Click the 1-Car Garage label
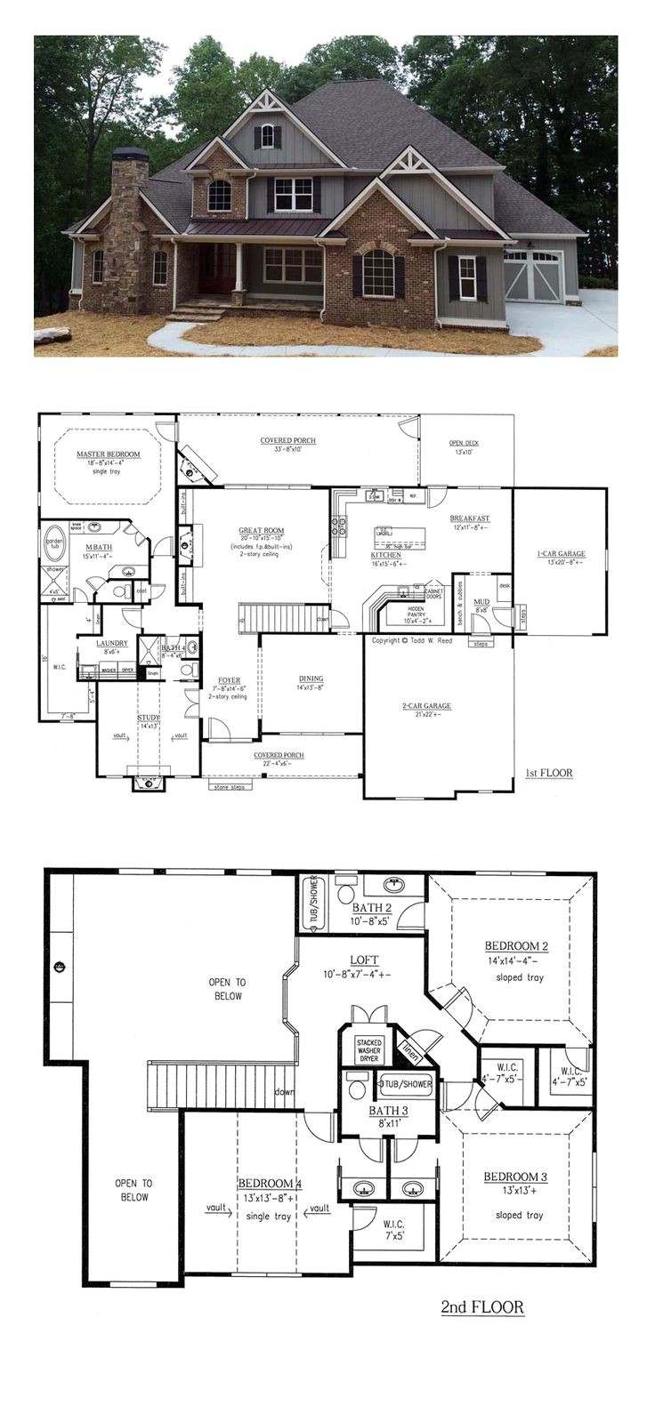click(561, 554)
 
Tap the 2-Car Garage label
click(426, 705)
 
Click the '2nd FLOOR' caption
click(482, 1306)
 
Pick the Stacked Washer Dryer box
click(368, 1047)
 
